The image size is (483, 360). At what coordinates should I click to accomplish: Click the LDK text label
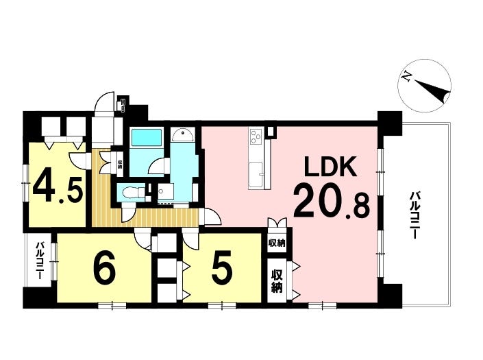click(x=327, y=169)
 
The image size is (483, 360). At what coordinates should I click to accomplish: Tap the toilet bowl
click(x=130, y=193)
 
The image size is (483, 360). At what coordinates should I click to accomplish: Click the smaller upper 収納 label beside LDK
click(x=277, y=242)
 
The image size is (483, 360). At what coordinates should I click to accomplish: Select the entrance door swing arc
click(x=104, y=104)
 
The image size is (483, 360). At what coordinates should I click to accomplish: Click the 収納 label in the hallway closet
click(x=120, y=165)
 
